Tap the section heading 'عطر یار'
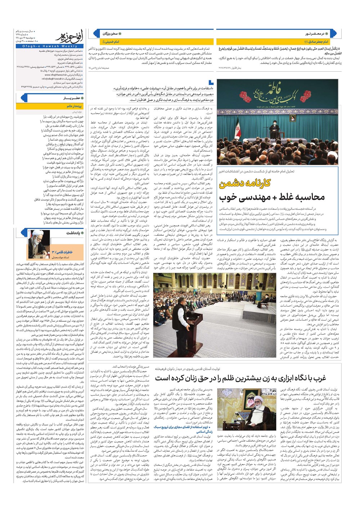(x=71, y=98)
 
